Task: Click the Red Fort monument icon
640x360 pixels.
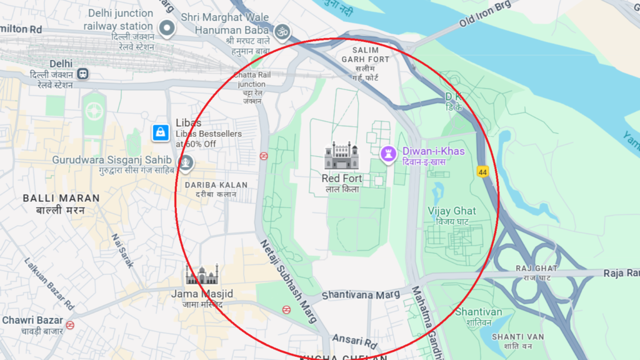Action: coord(342,156)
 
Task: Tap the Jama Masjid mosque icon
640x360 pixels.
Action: coord(202,275)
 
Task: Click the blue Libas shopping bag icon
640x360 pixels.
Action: coord(161,132)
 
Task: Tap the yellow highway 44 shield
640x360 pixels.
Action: coord(482,171)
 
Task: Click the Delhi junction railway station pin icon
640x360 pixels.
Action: coord(166,28)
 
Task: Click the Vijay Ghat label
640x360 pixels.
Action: coord(451,211)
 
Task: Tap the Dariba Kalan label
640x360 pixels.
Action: coord(216,186)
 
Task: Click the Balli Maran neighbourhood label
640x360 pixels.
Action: coord(53,198)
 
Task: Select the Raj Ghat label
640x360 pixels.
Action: coord(536,268)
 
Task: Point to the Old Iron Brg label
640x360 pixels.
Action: coord(485,14)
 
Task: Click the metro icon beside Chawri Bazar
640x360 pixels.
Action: coord(70,325)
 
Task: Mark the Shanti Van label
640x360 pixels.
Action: coord(518,336)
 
